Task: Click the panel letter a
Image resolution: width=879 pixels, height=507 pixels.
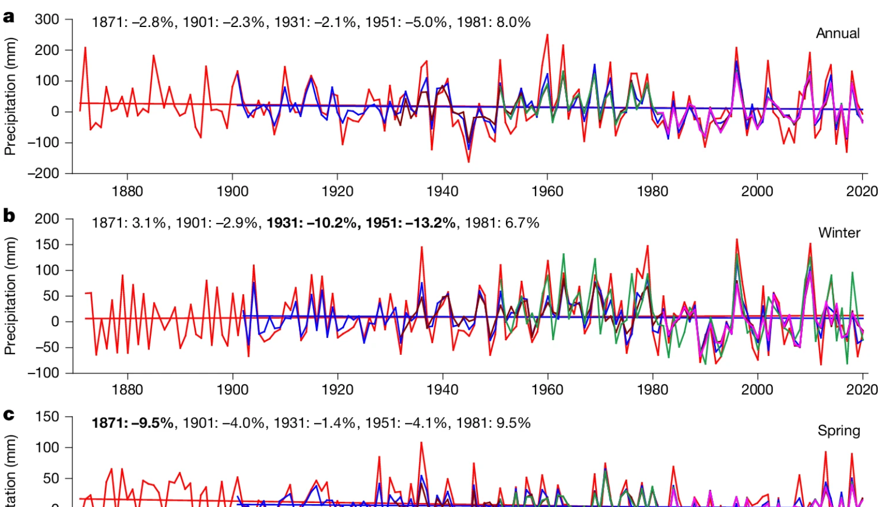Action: pyautogui.click(x=8, y=17)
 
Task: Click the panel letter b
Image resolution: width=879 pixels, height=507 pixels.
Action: pyautogui.click(x=9, y=216)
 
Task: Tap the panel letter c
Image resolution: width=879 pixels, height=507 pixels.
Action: pyautogui.click(x=8, y=415)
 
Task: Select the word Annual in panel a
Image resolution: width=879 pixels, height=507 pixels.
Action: pyautogui.click(x=837, y=33)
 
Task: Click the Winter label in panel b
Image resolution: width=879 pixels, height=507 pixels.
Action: pyautogui.click(x=839, y=232)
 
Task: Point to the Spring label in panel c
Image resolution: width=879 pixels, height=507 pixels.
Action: pyautogui.click(x=839, y=431)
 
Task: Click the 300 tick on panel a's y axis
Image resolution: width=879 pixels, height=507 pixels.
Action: pyautogui.click(x=47, y=20)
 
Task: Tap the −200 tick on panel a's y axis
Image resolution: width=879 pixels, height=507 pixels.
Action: pyautogui.click(x=43, y=173)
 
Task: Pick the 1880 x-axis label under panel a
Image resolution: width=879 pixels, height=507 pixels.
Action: pyautogui.click(x=127, y=191)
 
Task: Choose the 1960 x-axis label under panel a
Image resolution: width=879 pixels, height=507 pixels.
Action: pyautogui.click(x=547, y=191)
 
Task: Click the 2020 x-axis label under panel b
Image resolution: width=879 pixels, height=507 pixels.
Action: pyautogui.click(x=862, y=390)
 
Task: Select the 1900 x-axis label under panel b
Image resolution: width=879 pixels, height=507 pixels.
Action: pyautogui.click(x=232, y=390)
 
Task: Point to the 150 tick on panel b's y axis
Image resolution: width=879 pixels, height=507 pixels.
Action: pyautogui.click(x=47, y=245)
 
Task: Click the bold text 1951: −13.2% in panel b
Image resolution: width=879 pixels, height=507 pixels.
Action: pyautogui.click(x=411, y=223)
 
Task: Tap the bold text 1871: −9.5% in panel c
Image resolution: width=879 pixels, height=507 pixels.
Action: pyautogui.click(x=132, y=423)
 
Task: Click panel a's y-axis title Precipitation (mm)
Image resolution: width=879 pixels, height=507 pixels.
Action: pyautogui.click(x=10, y=96)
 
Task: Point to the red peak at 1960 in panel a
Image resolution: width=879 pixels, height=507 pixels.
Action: pyautogui.click(x=547, y=35)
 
